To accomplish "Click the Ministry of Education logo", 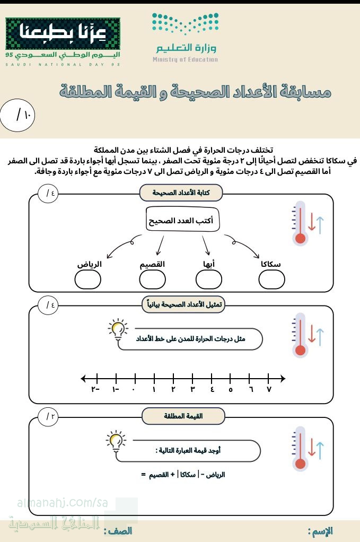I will pos(185,38).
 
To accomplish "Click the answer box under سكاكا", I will pos(272,279).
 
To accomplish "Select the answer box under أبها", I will pos(208,279).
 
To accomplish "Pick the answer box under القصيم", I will pos(152,279).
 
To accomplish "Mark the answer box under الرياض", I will pos(87,279).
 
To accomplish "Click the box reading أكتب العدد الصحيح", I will pos(182,220).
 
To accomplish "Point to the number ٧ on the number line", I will pos(269,390).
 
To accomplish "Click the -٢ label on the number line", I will pos(96,390).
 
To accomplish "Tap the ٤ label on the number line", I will pos(212,390).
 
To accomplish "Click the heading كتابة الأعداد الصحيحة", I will pos(181,193).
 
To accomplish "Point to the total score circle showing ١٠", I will pos(18,115).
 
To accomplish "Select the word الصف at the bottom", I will pos(118,531).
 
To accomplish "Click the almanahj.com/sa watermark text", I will pos(59,502).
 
